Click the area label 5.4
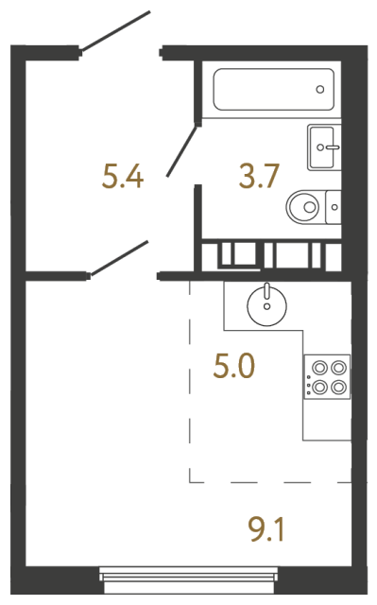click(x=123, y=176)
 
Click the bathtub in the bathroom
click(x=269, y=91)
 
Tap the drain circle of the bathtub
click(x=320, y=91)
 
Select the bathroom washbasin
click(x=324, y=147)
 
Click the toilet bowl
click(x=304, y=204)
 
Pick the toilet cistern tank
click(x=333, y=204)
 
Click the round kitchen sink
click(x=266, y=304)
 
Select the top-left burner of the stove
click(x=318, y=368)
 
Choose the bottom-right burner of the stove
click(x=337, y=386)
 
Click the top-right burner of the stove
click(x=337, y=368)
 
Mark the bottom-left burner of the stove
click(x=318, y=386)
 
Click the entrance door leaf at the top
click(x=115, y=31)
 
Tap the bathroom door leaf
click(x=183, y=149)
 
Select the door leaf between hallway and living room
click(x=119, y=258)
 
